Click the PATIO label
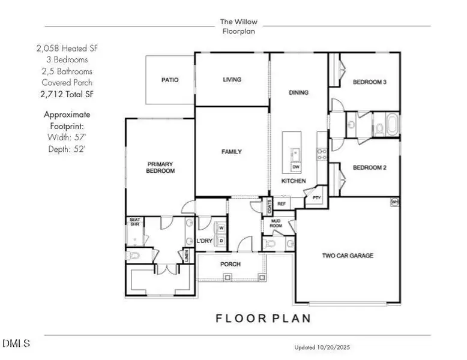pos(170,80)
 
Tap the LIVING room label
pos(232,79)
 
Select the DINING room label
pos(298,92)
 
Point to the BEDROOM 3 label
pos(369,82)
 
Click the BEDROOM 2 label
pos(369,167)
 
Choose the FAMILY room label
pos(231,152)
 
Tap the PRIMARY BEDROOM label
pos(161,167)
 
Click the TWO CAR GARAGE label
pos(348,256)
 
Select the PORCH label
pos(230,264)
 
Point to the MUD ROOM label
pos(276,224)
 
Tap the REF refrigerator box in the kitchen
pos(282,204)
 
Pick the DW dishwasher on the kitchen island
pos(296,167)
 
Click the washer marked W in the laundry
pos(221,228)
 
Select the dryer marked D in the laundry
pos(221,241)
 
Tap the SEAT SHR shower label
pos(135,223)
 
